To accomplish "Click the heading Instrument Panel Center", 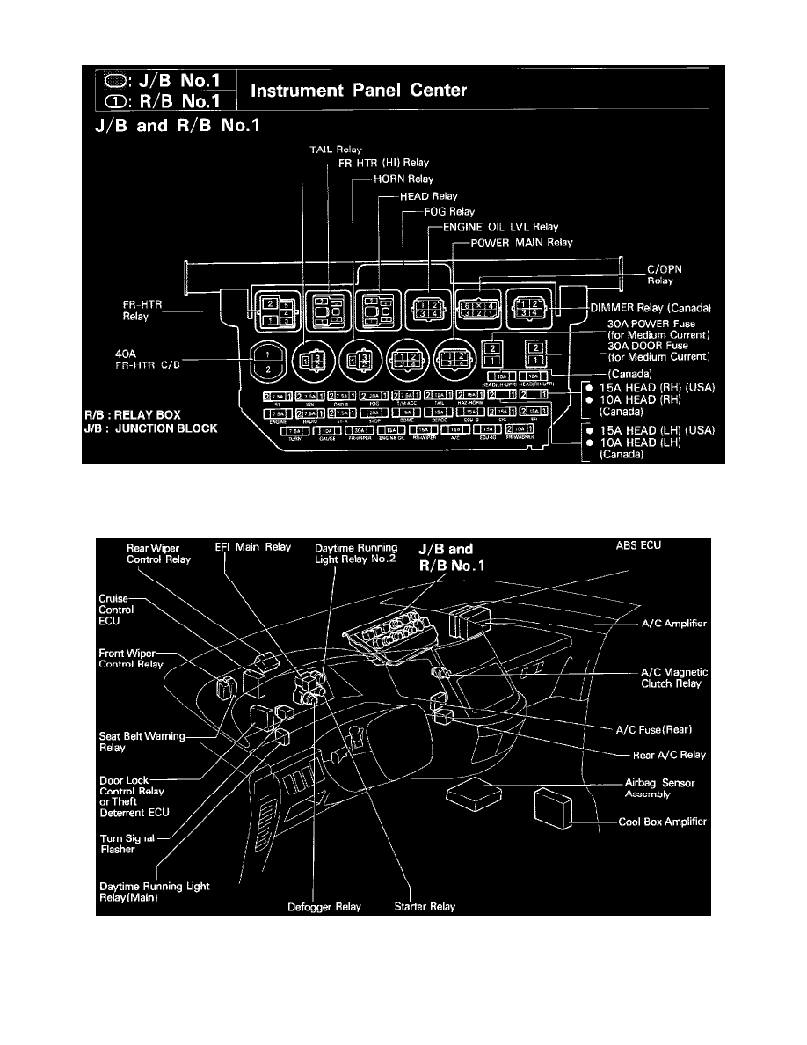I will tap(360, 91).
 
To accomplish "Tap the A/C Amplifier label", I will tap(672, 624).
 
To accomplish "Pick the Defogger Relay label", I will tap(325, 906).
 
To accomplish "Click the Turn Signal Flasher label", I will tap(127, 844).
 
